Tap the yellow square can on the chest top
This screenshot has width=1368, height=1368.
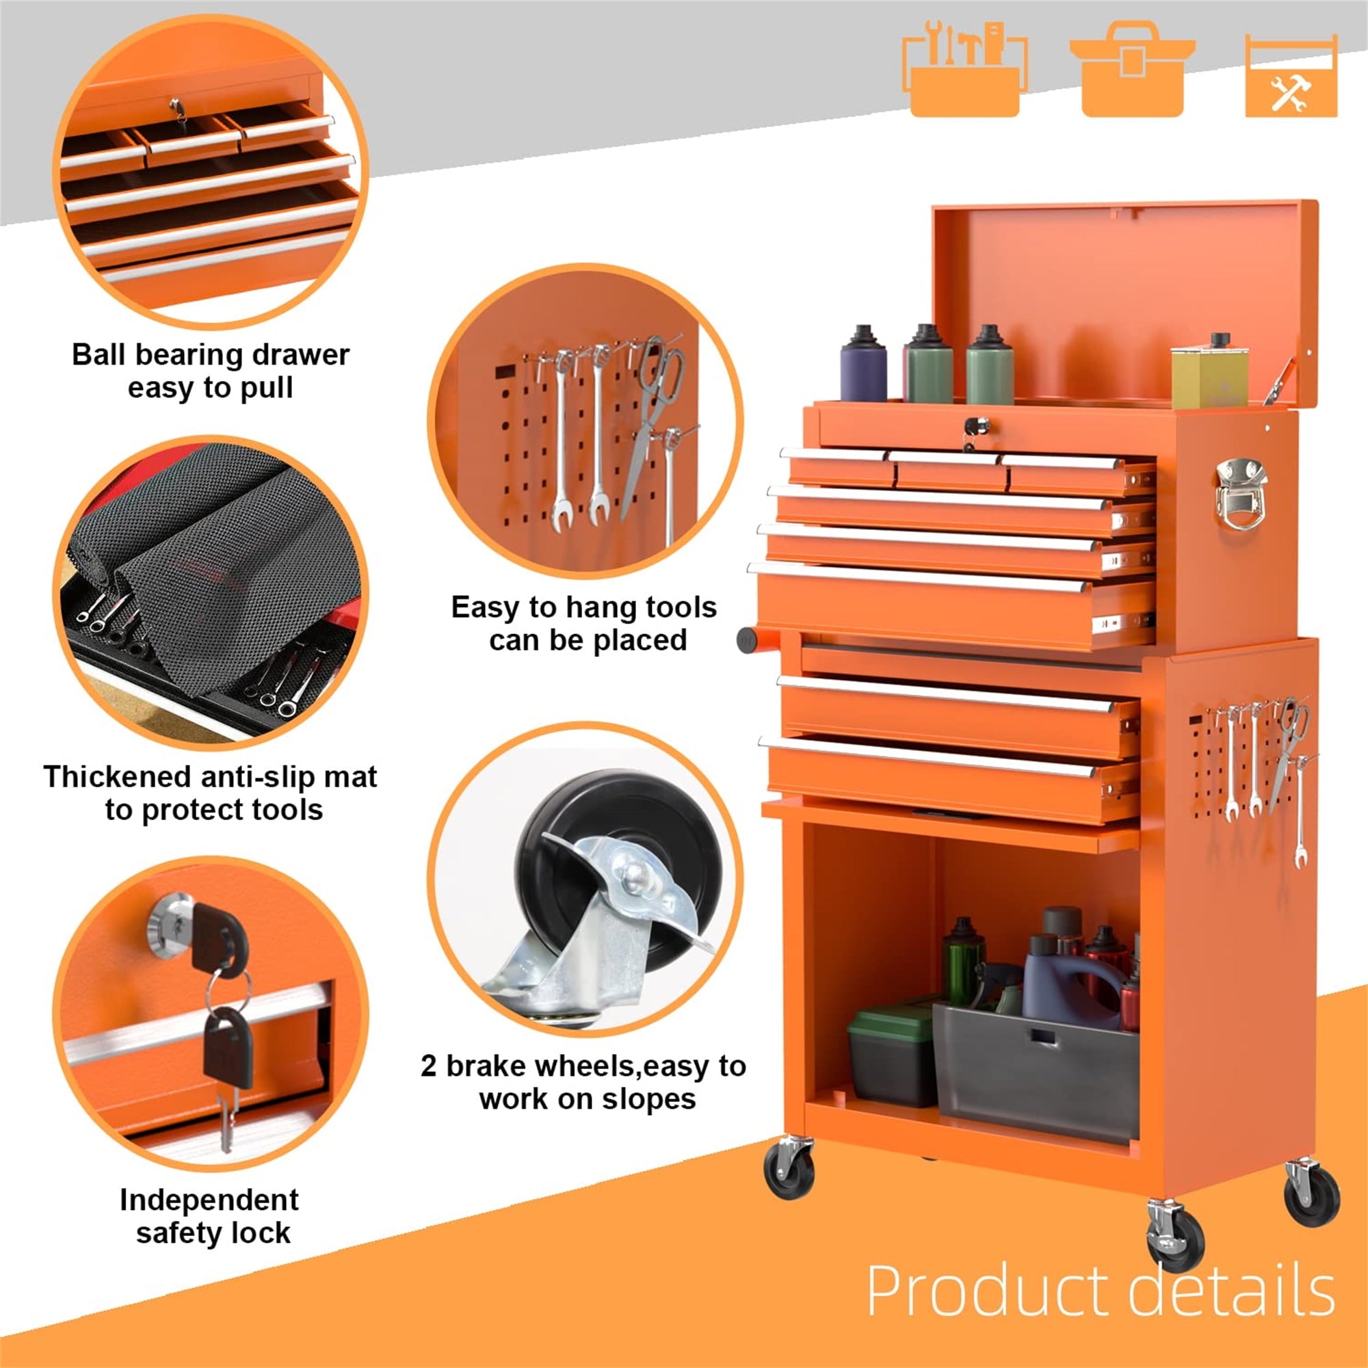click(1209, 373)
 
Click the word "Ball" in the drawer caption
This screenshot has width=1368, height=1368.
click(100, 355)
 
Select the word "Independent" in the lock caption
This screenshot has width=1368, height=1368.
click(209, 1200)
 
